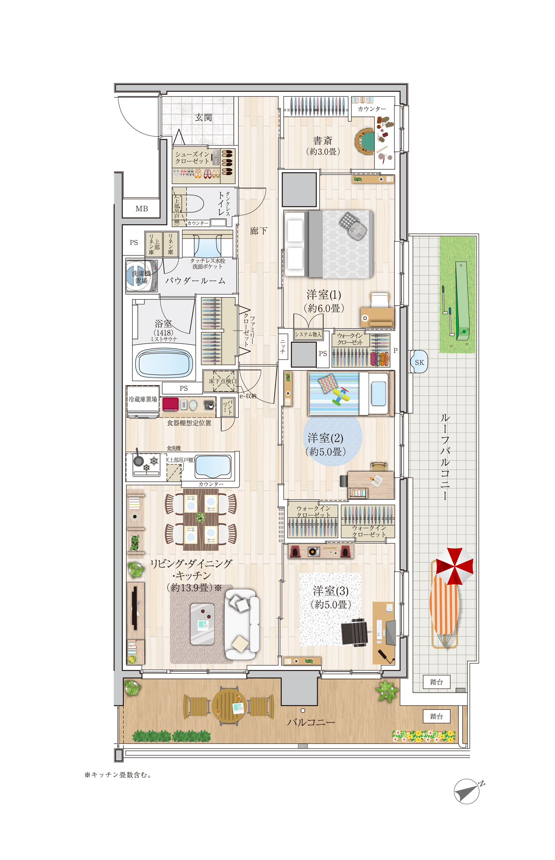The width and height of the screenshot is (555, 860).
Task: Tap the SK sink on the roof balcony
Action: click(419, 362)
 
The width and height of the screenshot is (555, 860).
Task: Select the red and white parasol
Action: click(454, 566)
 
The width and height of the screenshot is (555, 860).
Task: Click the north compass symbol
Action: click(468, 791)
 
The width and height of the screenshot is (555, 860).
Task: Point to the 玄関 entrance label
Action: click(203, 118)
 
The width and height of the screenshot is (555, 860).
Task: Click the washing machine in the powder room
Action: click(141, 276)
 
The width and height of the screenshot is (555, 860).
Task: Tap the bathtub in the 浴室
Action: click(164, 363)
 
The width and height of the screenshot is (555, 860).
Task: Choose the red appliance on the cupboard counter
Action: click(170, 404)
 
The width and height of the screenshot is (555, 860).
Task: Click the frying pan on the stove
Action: click(138, 459)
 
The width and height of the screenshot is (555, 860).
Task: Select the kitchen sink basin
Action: click(213, 466)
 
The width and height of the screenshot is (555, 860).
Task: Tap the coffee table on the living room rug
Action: click(202, 624)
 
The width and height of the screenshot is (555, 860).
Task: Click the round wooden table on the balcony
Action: click(229, 706)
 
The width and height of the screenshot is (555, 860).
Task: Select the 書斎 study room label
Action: click(323, 140)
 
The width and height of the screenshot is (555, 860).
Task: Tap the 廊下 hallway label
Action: click(258, 231)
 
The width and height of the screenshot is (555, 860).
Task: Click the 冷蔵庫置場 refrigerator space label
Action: click(143, 399)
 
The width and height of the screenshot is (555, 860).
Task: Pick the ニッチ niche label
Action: click(283, 346)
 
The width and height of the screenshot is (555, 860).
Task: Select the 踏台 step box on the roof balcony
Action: click(437, 682)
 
